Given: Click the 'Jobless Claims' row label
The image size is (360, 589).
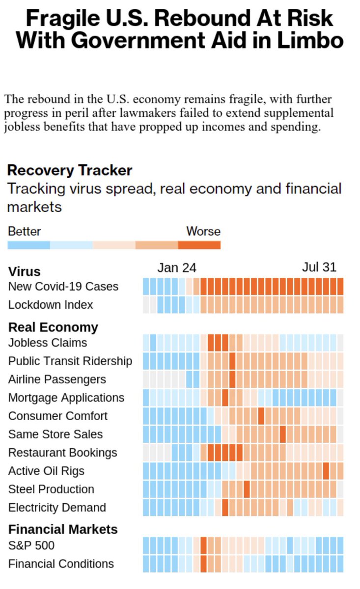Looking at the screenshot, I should [x=47, y=343].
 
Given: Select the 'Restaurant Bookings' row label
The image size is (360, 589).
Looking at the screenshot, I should [x=62, y=453].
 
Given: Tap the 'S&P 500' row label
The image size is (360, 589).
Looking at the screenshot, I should [x=31, y=545].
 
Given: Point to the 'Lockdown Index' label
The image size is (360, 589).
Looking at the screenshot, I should [x=50, y=305].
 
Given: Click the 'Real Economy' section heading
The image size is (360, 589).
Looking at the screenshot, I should [x=53, y=327].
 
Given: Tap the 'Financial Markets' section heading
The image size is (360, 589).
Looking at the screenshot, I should [x=63, y=530].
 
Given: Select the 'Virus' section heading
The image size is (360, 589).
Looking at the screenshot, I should [x=24, y=272].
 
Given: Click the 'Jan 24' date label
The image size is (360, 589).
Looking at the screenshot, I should [x=177, y=268].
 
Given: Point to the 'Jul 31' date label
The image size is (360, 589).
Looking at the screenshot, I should [x=319, y=267].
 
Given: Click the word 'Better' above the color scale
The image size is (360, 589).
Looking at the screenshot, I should [x=24, y=232].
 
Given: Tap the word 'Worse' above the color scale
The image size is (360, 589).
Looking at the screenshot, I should [x=203, y=232].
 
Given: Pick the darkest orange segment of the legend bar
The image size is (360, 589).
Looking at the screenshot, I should [x=199, y=245].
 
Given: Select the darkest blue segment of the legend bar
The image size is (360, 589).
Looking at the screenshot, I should [x=28, y=245].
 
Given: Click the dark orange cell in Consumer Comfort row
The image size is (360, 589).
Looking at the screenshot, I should [x=261, y=416].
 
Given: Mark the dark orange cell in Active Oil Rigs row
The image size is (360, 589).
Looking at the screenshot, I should [x=326, y=471].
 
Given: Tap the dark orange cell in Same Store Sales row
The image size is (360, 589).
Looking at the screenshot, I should [x=283, y=434].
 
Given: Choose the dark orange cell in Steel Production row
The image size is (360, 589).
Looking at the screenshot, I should [x=247, y=489].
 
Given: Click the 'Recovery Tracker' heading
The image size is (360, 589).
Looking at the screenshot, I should [x=69, y=171].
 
